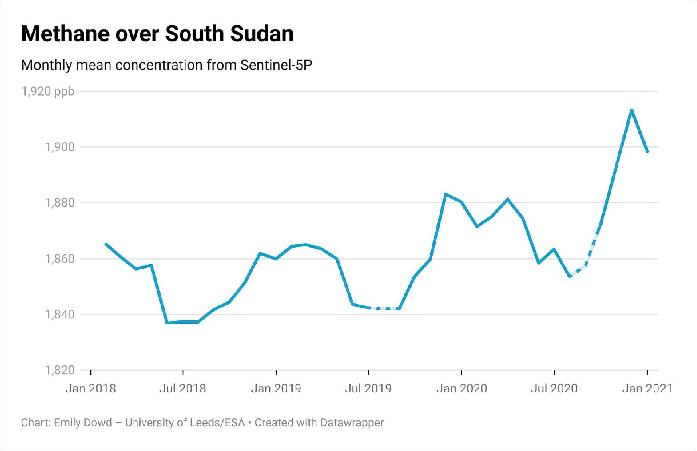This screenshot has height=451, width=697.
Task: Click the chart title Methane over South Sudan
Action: (157, 34)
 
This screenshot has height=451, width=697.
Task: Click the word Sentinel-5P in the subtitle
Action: (276, 65)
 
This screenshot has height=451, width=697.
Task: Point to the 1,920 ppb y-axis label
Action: (48, 92)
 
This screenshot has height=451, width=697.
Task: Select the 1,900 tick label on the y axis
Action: (60, 147)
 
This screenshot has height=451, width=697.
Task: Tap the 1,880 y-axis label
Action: (60, 203)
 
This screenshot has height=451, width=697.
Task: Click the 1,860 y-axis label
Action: (60, 259)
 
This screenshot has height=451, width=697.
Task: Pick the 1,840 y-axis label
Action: (60, 315)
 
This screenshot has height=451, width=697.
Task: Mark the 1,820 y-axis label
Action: (60, 371)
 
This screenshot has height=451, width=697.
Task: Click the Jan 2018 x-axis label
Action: (90, 388)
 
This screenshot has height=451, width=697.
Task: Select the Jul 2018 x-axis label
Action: (183, 388)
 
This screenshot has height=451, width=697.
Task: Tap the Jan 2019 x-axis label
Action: (276, 388)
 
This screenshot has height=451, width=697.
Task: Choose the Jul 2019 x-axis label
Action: (368, 388)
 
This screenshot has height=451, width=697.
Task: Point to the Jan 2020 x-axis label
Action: (461, 388)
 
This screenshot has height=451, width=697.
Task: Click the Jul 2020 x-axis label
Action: (554, 388)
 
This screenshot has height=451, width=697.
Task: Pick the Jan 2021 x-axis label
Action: (647, 388)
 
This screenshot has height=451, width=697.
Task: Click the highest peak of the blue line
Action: (632, 110)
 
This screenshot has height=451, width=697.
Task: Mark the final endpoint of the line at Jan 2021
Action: (647, 151)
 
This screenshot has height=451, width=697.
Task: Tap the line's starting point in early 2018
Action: (106, 244)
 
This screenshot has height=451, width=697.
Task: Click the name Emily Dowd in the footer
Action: (83, 422)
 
